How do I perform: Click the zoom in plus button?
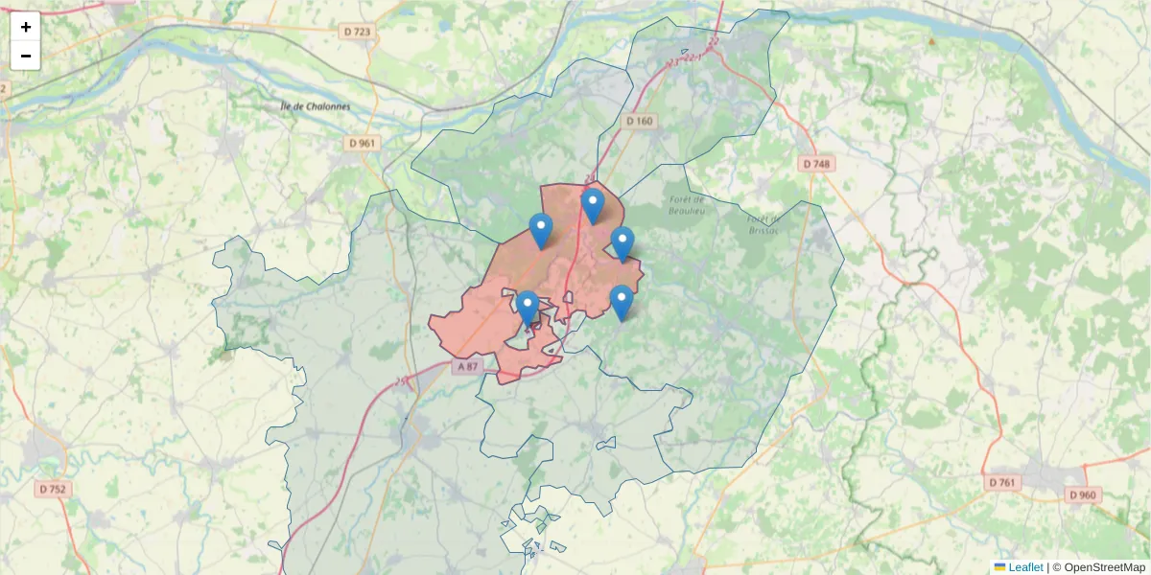[x=26, y=27]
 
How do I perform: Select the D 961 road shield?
[x=362, y=143]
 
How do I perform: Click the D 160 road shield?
[x=639, y=121]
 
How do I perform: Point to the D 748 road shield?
[x=816, y=164]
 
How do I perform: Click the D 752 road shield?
[x=54, y=489]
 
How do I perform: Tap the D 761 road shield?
[x=1000, y=481]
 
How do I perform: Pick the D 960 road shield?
[x=1082, y=494]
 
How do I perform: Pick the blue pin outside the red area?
[x=622, y=303]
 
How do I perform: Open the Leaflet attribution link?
[x=1025, y=567]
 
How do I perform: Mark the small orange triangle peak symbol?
[x=930, y=41]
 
